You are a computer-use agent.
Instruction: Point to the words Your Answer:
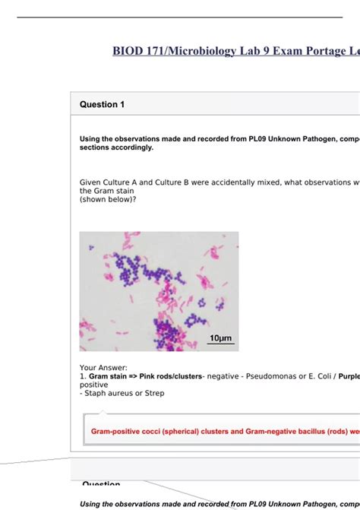(x=103, y=368)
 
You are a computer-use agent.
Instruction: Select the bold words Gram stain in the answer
(x=109, y=376)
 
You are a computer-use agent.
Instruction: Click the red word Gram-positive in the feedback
(x=116, y=431)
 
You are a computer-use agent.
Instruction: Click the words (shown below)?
(x=108, y=199)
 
